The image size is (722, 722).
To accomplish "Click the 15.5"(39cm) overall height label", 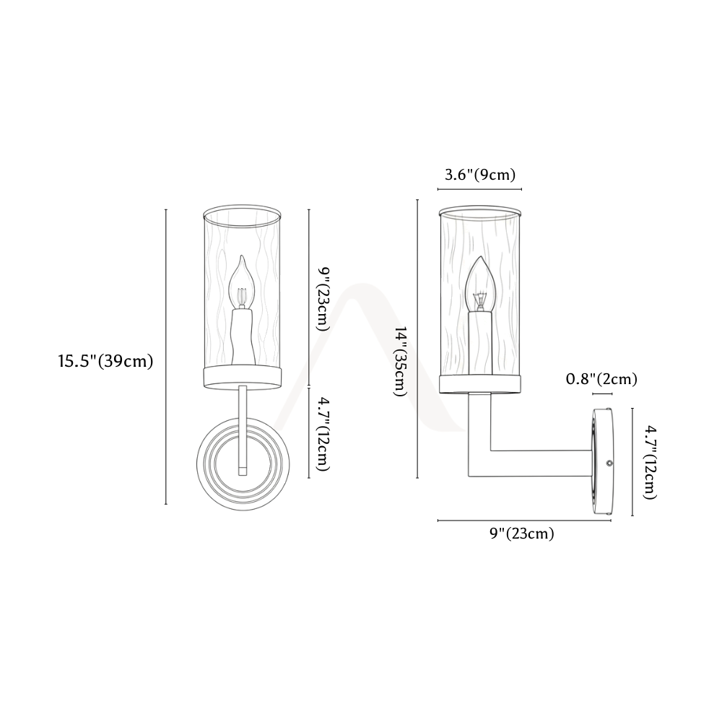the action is pyautogui.click(x=105, y=361).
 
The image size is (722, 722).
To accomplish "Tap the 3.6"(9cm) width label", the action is pyautogui.click(x=480, y=175).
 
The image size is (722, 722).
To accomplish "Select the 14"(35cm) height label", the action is pyautogui.click(x=400, y=362).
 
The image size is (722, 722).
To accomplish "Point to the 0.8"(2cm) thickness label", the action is pyautogui.click(x=601, y=379).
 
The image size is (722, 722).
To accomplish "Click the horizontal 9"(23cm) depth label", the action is pyautogui.click(x=522, y=534).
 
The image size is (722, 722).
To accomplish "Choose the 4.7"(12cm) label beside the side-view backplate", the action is pyautogui.click(x=650, y=462).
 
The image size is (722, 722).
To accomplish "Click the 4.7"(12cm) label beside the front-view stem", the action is pyautogui.click(x=322, y=434).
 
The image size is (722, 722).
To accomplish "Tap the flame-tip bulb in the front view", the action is pyautogui.click(x=242, y=283).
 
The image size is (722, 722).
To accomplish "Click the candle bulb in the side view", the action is pyautogui.click(x=480, y=284).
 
